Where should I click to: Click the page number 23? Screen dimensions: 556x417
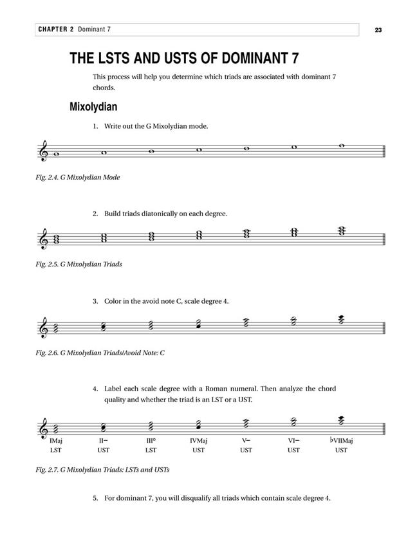378,30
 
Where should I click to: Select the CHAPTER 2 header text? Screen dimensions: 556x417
57,30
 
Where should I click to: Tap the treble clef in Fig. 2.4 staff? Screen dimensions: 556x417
44,152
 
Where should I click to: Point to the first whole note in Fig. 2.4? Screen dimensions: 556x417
57,154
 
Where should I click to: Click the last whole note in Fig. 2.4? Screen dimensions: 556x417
341,145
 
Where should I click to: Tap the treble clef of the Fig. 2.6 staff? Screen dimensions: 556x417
44,328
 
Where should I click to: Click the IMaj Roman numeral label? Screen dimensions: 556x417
56,441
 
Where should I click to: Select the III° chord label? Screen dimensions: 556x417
151,441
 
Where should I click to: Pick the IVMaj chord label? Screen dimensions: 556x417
198,441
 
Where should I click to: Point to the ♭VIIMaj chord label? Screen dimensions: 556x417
340,441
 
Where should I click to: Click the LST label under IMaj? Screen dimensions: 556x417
55,450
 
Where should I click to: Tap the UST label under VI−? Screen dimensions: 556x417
293,450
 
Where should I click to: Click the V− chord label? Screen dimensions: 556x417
246,441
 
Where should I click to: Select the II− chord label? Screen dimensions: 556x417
104,441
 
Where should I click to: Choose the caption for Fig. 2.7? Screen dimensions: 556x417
102,470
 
